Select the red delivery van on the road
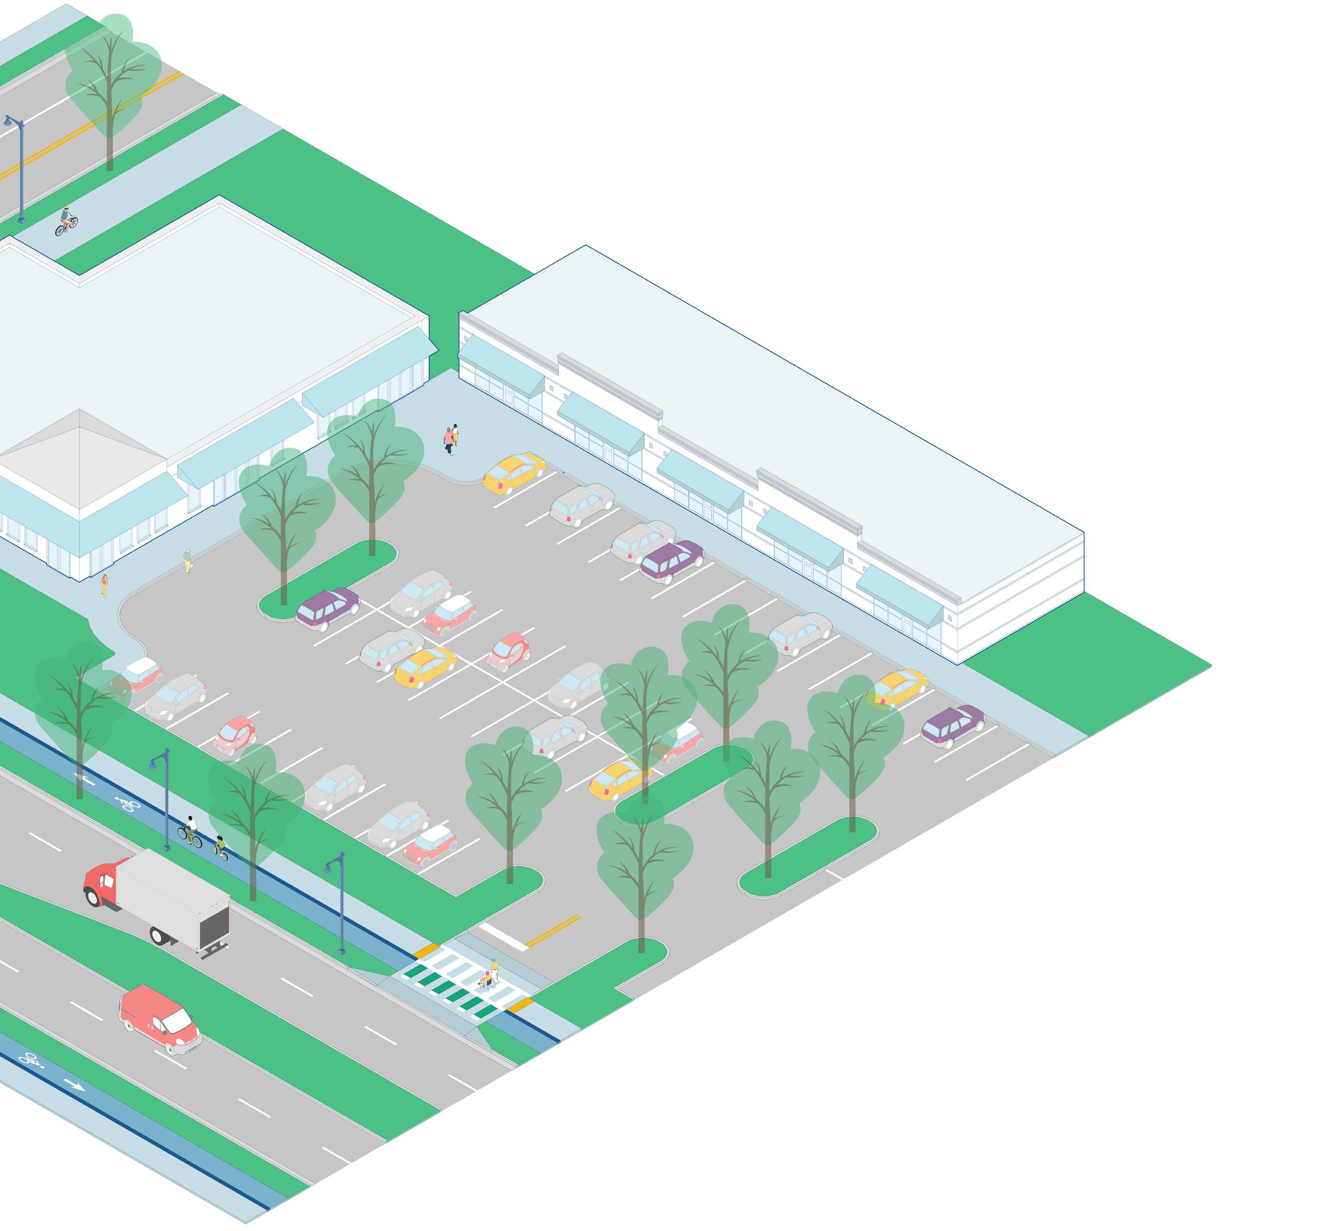pyautogui.click(x=160, y=1018)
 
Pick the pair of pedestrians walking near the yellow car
pyautogui.click(x=451, y=439)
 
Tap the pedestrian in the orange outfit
pyautogui.click(x=104, y=585)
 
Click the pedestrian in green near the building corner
pyautogui.click(x=188, y=560)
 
